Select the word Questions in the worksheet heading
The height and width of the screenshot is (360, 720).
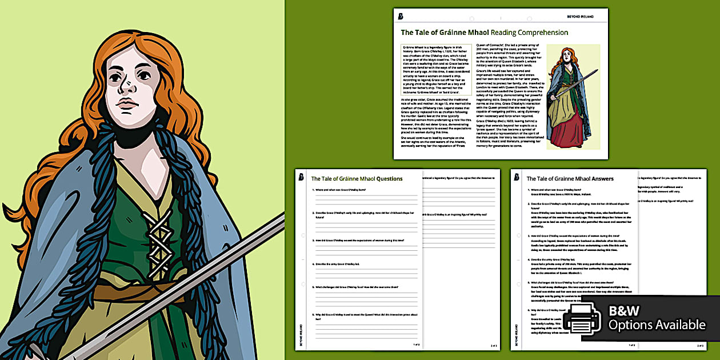coord(389,179)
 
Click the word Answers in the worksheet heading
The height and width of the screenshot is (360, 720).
coord(598,179)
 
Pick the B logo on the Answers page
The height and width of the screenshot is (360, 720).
coord(517,177)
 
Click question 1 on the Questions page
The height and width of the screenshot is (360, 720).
coord(343,189)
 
